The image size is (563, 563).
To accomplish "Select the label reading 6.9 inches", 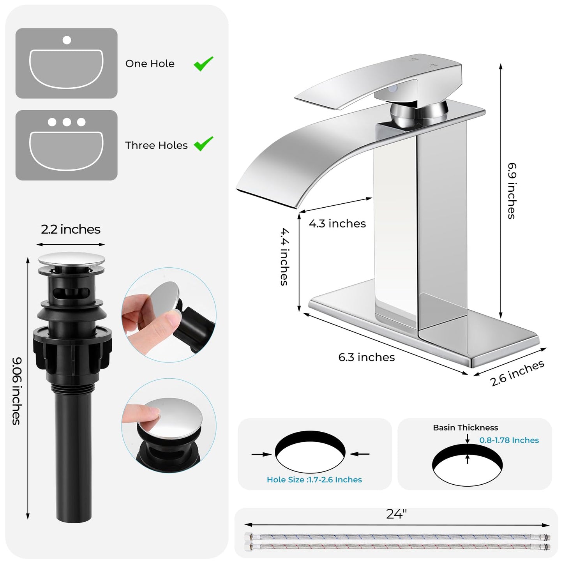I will point(512,191).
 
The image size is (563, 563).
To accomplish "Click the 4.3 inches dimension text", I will point(337,224).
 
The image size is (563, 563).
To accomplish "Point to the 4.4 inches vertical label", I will point(285,257).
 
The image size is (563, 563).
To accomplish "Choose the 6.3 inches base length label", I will point(366,357).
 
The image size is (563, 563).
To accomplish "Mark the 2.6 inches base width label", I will point(517,373).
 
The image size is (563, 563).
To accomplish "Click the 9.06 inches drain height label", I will point(17,391).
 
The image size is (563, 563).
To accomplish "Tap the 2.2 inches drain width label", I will point(71,229).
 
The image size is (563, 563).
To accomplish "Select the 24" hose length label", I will point(396,514).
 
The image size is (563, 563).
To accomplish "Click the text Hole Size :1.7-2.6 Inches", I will point(314,480).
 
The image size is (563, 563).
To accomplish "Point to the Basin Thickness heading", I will point(465,428).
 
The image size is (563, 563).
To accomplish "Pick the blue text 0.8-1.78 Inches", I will point(509,440).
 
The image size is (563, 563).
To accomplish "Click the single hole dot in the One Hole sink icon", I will point(67,40).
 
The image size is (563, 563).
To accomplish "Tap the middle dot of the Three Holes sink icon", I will point(67,122).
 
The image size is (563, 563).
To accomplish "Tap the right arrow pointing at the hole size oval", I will point(360,454).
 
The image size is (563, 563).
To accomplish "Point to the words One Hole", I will point(150,64).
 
